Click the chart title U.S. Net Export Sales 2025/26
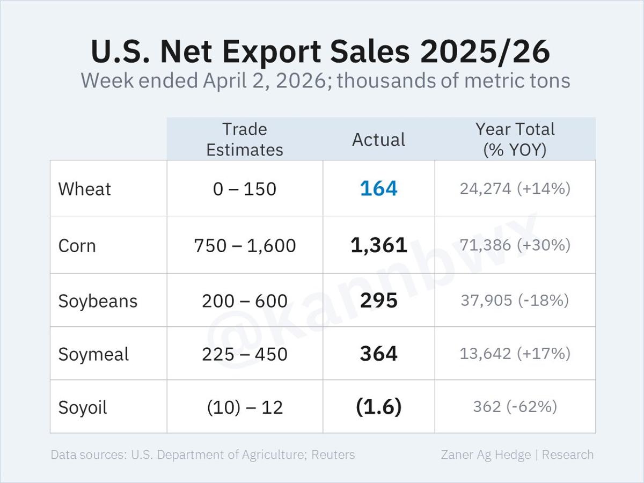coord(320,52)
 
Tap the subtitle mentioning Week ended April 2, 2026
coord(325,81)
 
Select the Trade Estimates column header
coord(245,139)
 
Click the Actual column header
coord(378,140)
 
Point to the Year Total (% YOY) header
coord(515,139)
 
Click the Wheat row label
coord(85,189)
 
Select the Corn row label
coord(77,246)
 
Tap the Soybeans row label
coord(98,301)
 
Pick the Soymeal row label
coord(93,354)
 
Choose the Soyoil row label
coord(83,407)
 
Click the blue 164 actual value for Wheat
coord(378,189)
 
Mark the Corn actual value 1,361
coord(378,245)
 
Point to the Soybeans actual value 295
coord(378,301)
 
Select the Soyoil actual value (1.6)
coord(378,407)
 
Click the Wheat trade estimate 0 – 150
coord(245,189)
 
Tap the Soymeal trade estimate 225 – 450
coord(245,354)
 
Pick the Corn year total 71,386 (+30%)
coord(515,245)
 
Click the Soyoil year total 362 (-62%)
coord(515,407)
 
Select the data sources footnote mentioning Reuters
coord(203,455)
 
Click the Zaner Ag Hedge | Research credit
coord(517,455)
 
